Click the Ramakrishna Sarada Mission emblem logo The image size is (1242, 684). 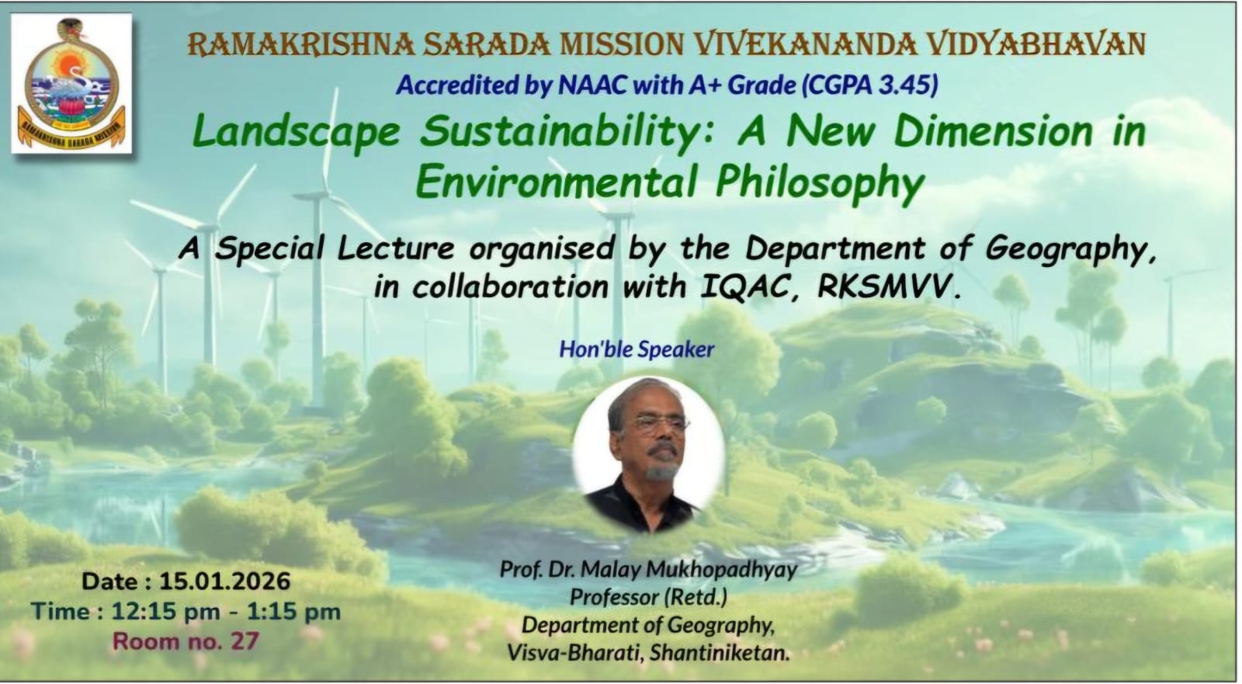(x=71, y=83)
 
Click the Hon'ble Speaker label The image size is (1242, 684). (x=637, y=349)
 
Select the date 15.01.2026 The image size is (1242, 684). (x=224, y=582)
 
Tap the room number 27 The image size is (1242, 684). (x=245, y=641)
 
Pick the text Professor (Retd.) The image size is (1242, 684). (x=649, y=598)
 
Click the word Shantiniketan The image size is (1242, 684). (x=719, y=653)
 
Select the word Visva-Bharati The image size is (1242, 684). (x=575, y=653)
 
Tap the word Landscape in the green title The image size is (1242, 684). (x=296, y=132)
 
